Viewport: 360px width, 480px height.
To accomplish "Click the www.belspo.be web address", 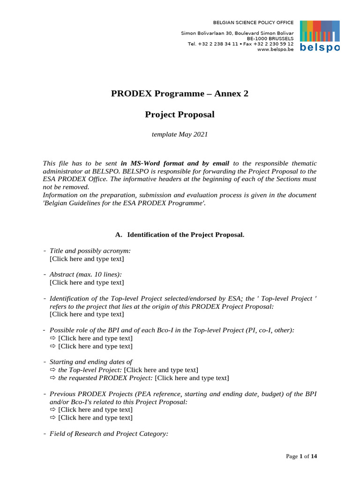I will tap(276, 50).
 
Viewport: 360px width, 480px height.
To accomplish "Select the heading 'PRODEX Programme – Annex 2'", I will tap(180, 93).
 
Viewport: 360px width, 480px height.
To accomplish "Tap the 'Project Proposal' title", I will tap(180, 114).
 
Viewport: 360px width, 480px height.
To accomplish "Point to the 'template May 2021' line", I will tap(180, 135).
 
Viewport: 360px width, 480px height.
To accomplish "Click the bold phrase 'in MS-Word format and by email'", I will tap(175, 163).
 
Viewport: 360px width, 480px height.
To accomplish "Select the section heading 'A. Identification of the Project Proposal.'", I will tap(180, 234).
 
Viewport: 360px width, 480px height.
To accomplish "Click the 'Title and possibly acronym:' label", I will tap(90, 251).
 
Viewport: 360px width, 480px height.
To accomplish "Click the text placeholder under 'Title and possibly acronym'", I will tap(87, 258).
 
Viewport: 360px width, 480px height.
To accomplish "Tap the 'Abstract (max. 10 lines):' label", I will tap(82, 274).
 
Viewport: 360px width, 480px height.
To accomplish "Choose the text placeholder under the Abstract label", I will tap(87, 282).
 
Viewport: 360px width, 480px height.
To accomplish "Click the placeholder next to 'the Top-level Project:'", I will tap(161, 370).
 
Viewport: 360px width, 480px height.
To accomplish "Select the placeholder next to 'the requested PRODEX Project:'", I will tap(192, 378).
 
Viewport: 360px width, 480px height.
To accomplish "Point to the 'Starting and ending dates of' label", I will tap(91, 362).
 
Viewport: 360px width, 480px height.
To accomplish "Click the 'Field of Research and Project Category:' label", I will tap(109, 434).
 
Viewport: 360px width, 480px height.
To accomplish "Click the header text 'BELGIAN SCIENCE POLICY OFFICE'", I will tap(253, 22).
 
